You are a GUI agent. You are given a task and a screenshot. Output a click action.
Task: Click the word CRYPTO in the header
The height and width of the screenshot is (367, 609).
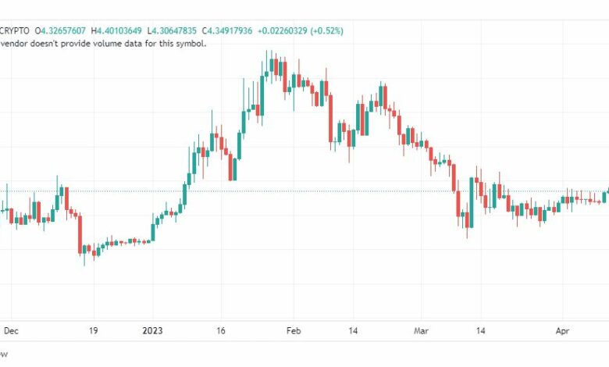point(15,30)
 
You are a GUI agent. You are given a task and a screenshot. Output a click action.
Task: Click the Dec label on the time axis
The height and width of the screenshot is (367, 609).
point(11,331)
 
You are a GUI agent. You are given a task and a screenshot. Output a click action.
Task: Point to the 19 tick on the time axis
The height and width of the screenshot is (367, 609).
point(93,331)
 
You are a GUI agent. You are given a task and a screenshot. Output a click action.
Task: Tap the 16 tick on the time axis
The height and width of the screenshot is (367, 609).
point(221,331)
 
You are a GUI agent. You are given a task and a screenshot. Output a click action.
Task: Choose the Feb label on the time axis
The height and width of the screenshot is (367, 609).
point(294,331)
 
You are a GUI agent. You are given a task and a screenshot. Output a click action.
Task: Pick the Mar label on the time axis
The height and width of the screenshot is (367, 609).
point(422,331)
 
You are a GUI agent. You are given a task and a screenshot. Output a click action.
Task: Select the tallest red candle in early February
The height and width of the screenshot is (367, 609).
point(330,119)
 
